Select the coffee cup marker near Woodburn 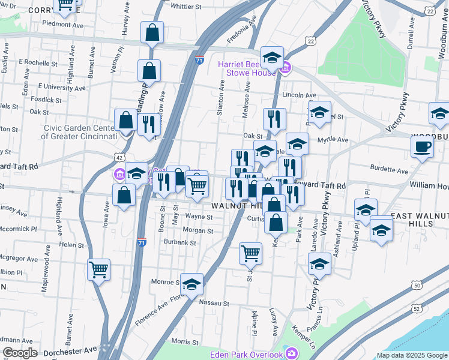click(422, 146)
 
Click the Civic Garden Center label click(79, 132)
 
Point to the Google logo click(20, 353)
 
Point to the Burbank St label click(180, 242)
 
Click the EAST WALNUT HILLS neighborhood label click(420, 219)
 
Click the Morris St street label click(185, 341)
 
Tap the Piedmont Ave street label click(62, 25)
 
